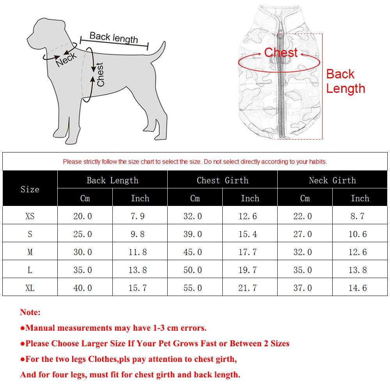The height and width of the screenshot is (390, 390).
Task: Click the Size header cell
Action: tap(30, 189)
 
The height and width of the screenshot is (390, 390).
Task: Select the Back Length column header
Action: tap(112, 180)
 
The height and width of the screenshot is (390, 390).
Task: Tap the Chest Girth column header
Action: tap(222, 180)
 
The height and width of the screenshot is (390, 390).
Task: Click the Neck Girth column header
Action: tap(332, 180)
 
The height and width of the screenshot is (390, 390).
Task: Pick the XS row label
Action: tap(30, 216)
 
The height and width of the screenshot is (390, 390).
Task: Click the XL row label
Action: tap(30, 288)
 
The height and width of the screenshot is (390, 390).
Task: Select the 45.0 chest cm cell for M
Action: tap(193, 252)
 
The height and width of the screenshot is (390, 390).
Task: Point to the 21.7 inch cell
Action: tap(248, 288)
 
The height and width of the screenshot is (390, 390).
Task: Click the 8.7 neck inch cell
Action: tap(357, 216)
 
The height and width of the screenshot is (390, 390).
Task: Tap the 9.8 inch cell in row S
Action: tap(138, 234)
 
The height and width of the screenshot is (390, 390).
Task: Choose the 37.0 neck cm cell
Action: tap(303, 288)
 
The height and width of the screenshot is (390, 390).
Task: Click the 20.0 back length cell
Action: tap(83, 216)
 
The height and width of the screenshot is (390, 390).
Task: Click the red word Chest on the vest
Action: tap(281, 53)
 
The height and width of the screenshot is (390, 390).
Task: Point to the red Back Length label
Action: tap(345, 81)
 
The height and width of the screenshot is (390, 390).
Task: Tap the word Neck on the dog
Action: tap(66, 59)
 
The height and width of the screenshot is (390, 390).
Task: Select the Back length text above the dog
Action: tap(113, 37)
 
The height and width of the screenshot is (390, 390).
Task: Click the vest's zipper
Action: tap(280, 90)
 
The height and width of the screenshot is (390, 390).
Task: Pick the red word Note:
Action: tap(30, 312)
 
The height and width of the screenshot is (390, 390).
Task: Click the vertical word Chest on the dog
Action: tap(100, 74)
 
